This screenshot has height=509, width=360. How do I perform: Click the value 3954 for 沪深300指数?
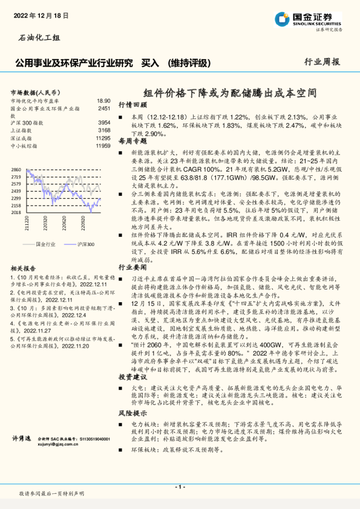coord(104,123)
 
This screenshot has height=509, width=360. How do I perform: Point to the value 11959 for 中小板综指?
coord(103,146)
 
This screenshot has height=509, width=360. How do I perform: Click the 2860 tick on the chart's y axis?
coord(17,169)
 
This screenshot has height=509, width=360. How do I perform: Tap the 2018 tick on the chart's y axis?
coord(17,212)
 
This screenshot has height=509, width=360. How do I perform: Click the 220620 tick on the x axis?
coord(63,224)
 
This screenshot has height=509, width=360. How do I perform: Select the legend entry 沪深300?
coord(83,243)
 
